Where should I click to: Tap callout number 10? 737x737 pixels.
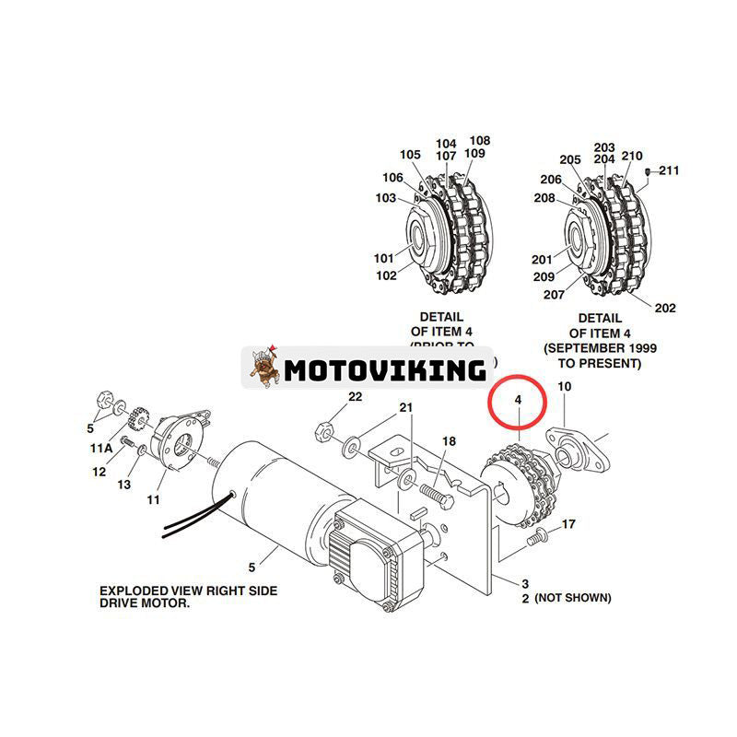click(565, 388)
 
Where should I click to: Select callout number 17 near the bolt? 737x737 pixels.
click(568, 524)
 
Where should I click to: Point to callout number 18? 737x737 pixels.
click(449, 442)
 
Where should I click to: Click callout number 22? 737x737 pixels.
click(355, 397)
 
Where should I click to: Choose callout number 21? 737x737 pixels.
click(406, 407)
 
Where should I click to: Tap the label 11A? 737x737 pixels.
click(102, 448)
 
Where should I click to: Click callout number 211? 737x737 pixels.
click(669, 170)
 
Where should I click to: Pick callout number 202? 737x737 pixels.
click(665, 308)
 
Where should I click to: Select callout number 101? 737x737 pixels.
click(384, 258)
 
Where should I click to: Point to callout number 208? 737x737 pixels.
click(544, 198)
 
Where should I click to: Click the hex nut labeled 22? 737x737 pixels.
click(324, 427)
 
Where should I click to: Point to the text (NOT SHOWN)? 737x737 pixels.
click(572, 597)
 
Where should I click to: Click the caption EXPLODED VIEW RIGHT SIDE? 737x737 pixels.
click(188, 591)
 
